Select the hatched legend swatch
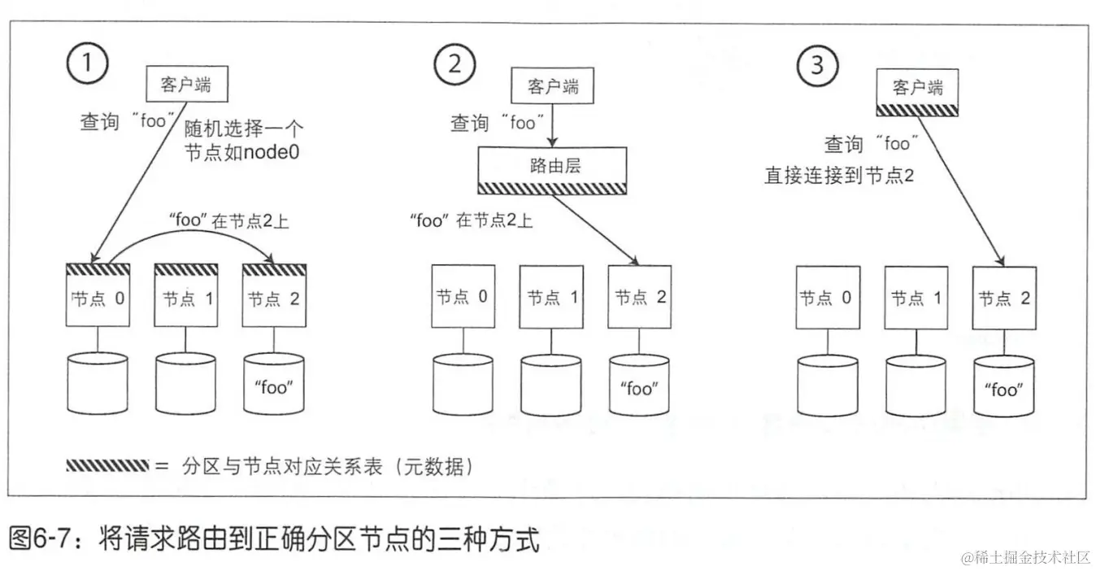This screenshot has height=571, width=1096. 107,467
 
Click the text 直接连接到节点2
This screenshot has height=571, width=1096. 840,175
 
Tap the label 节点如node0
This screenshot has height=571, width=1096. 242,152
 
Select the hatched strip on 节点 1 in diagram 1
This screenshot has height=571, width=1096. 186,269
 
